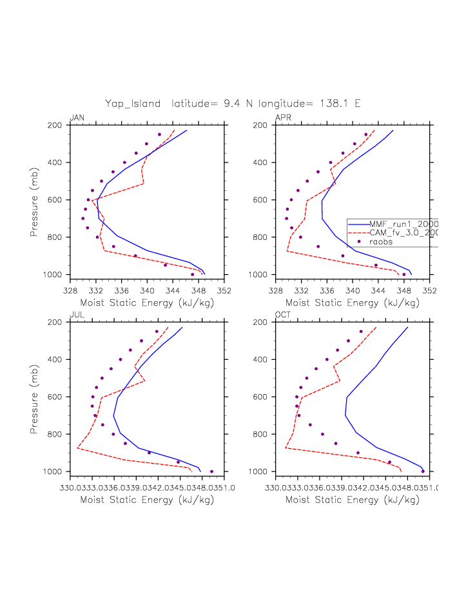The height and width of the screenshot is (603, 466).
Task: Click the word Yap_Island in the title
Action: (133, 103)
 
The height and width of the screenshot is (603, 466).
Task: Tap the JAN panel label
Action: (77, 117)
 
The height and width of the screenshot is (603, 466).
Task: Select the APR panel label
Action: (283, 117)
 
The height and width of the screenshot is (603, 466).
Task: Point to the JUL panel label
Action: (76, 314)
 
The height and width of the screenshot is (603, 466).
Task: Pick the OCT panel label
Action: (284, 314)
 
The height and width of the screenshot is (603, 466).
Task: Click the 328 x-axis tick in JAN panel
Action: (71, 290)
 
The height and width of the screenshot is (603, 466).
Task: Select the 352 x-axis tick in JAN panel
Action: (224, 290)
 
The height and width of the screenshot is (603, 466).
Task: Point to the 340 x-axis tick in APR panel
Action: (353, 290)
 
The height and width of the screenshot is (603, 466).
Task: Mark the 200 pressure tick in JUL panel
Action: (57, 322)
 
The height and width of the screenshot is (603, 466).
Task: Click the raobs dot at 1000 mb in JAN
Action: (192, 275)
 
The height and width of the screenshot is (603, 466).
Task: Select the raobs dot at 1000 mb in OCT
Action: (423, 471)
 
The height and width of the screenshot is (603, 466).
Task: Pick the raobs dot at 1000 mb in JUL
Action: (211, 471)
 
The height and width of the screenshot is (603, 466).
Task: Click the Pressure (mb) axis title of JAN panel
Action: (34, 201)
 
